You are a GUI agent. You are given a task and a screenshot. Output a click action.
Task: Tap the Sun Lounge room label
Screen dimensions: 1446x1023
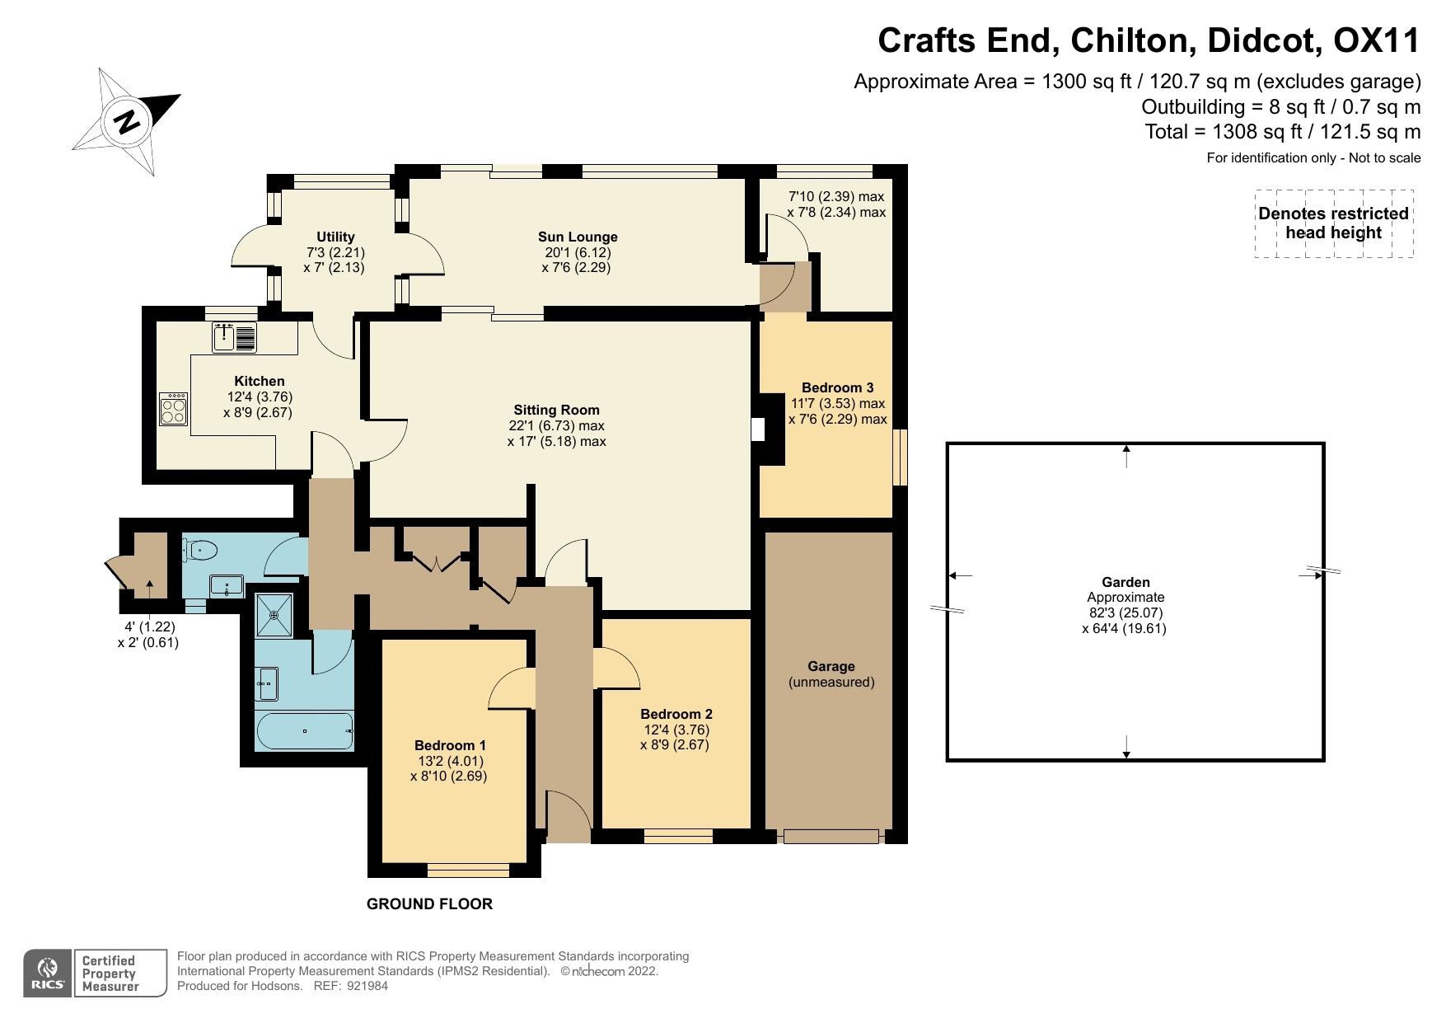pyautogui.click(x=577, y=237)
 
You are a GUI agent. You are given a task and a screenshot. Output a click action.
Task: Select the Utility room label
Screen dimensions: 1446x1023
pyautogui.click(x=335, y=237)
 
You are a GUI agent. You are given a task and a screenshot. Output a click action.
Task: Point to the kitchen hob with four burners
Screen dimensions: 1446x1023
pyautogui.click(x=174, y=407)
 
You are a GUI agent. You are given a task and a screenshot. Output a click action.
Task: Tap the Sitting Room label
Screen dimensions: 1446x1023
pyautogui.click(x=557, y=410)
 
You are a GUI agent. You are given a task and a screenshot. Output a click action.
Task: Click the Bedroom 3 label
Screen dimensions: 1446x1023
pyautogui.click(x=837, y=387)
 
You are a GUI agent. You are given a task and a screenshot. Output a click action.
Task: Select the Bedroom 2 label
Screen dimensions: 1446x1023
pyautogui.click(x=676, y=714)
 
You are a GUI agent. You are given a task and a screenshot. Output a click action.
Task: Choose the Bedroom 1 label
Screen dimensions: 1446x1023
pyautogui.click(x=450, y=745)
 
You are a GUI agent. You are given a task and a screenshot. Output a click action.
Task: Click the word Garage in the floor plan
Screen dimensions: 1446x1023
pyautogui.click(x=831, y=666)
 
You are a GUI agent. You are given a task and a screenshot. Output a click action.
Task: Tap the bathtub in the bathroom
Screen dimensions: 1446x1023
pyautogui.click(x=305, y=731)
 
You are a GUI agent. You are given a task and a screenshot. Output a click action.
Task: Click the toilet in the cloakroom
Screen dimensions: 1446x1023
pyautogui.click(x=200, y=549)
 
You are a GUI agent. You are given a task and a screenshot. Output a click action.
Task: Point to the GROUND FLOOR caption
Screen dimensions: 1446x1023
pyautogui.click(x=429, y=904)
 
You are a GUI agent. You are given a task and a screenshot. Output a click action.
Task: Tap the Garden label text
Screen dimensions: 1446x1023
pyautogui.click(x=1126, y=582)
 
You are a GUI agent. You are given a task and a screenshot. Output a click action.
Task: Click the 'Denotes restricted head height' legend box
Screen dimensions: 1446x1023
pyautogui.click(x=1334, y=223)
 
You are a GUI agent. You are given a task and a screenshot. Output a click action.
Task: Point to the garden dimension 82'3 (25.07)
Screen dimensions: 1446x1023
pyautogui.click(x=1126, y=613)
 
